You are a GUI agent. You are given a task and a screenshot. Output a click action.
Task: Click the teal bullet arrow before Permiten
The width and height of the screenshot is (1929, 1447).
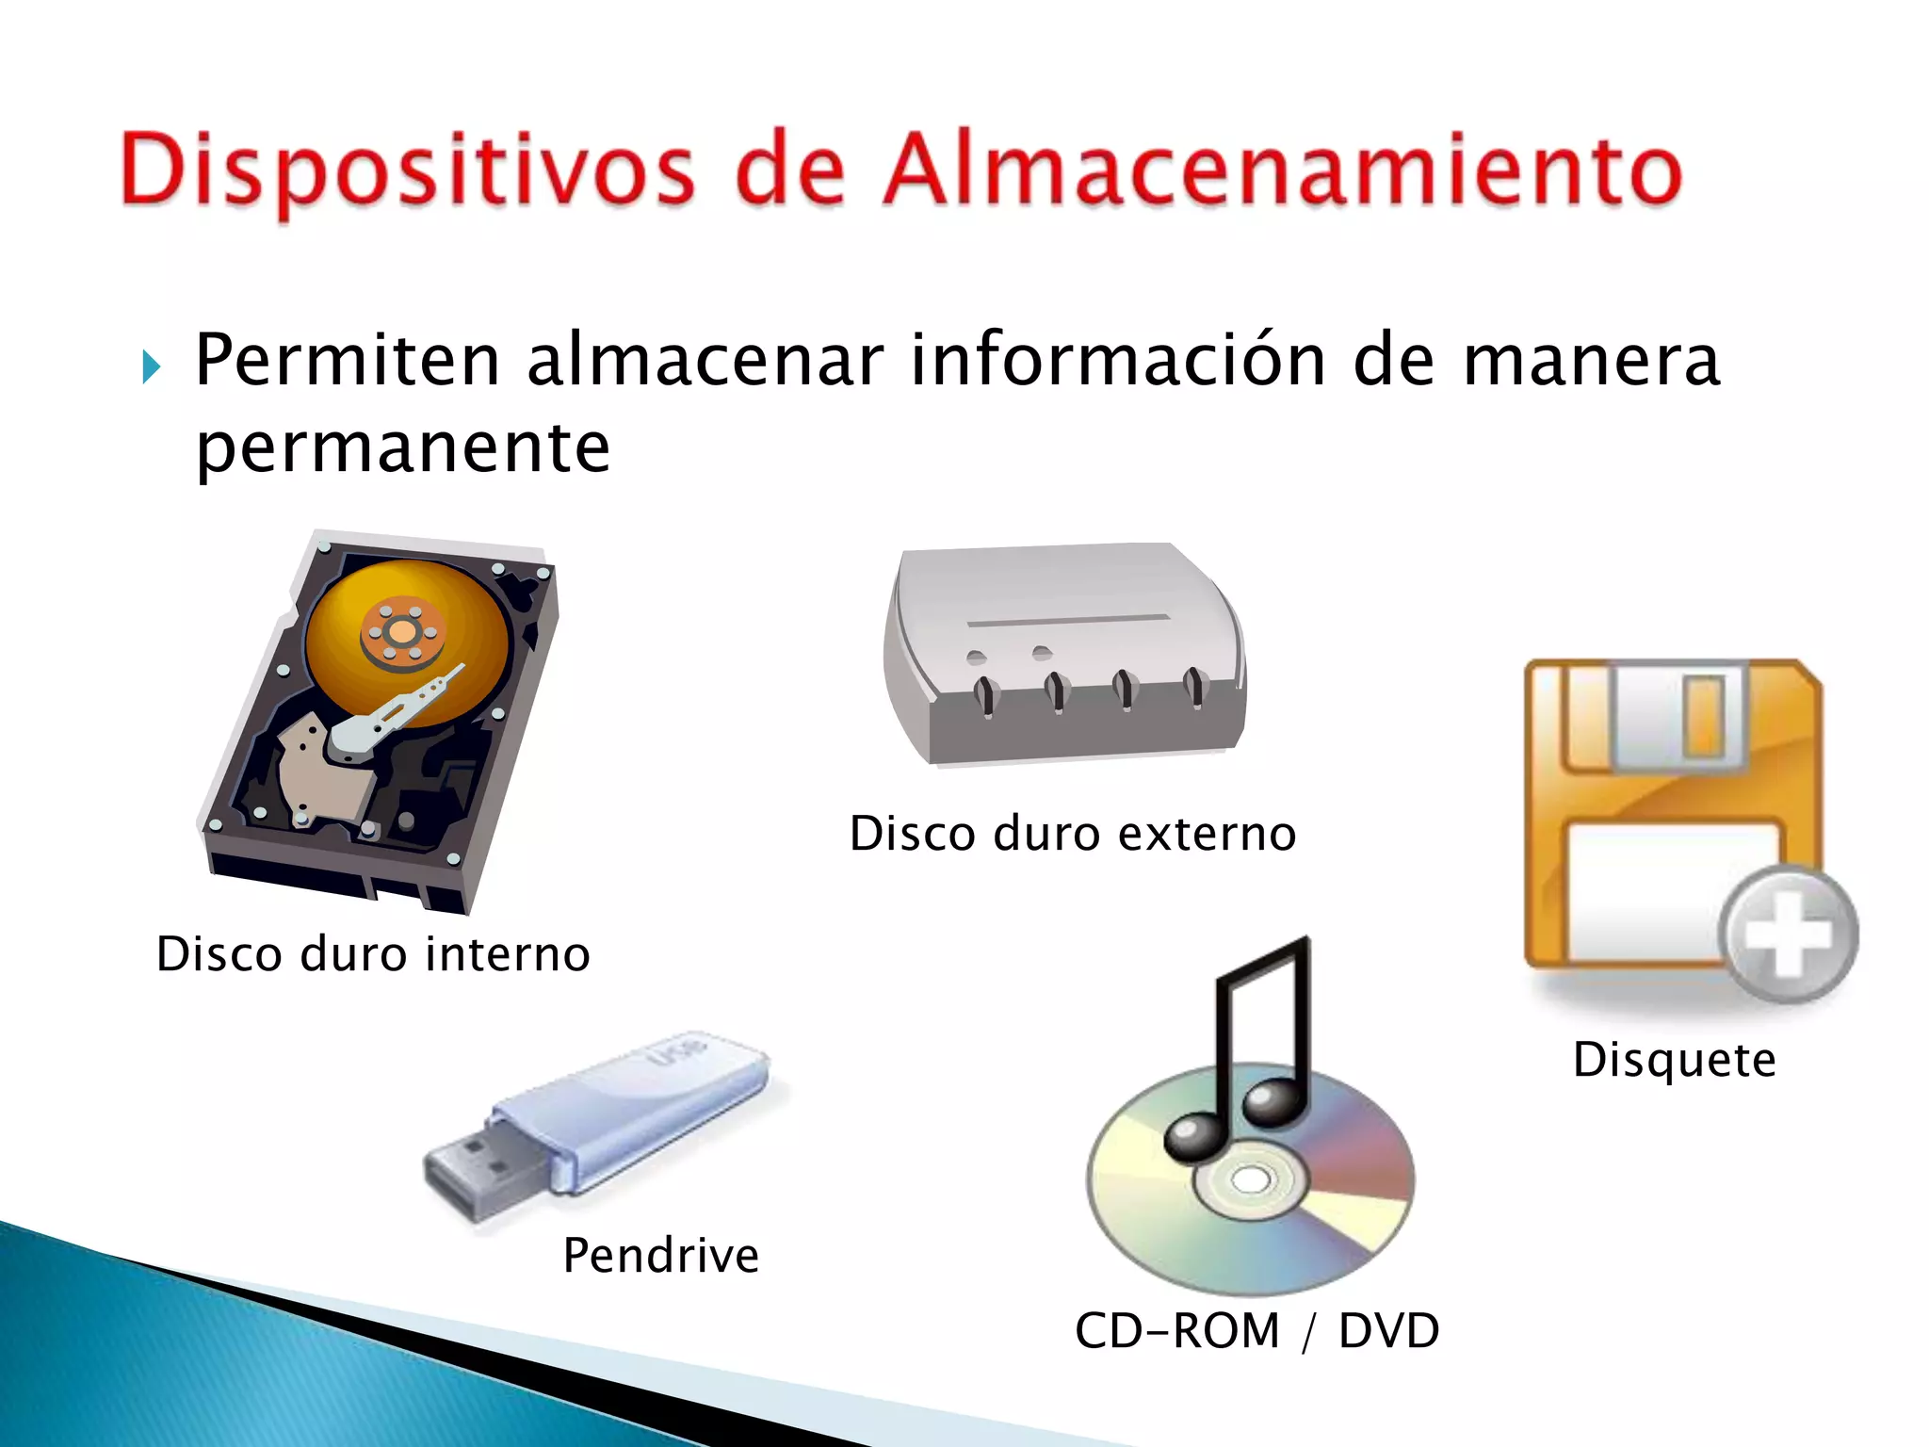pos(151,366)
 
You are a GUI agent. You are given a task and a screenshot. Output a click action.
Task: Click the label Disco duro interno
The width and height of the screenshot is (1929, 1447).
pos(373,954)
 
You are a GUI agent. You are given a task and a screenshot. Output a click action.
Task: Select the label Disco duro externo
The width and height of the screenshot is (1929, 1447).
pos(1073,834)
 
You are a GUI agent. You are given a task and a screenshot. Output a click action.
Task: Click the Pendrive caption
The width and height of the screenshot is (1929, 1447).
pos(661,1255)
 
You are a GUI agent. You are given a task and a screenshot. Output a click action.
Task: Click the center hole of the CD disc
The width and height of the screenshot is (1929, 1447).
pos(1250,1179)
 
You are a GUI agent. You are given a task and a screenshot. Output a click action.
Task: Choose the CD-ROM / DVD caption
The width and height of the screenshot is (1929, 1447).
pos(1256,1331)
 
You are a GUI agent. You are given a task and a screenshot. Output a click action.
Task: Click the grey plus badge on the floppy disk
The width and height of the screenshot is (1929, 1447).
pos(1787,934)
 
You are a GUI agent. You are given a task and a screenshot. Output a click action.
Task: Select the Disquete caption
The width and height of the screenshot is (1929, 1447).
pos(1675,1060)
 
